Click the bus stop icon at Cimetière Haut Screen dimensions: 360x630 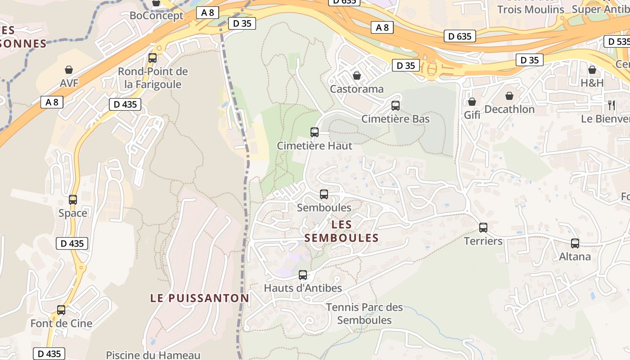(315, 132)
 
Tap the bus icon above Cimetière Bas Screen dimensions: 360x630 (396, 106)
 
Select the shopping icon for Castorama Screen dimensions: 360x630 (357, 75)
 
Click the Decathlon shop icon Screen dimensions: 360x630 (509, 96)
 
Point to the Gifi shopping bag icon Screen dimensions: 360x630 (472, 102)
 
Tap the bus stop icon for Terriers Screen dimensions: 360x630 (483, 228)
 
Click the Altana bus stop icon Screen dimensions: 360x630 (575, 243)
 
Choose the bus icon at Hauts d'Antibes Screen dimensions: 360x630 (303, 274)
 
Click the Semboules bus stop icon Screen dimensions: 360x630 (324, 194)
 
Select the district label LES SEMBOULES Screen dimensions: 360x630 (342, 231)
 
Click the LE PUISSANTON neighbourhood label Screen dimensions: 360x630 (199, 298)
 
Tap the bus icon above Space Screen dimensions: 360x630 (73, 200)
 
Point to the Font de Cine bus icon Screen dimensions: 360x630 (61, 310)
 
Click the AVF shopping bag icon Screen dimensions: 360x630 (69, 70)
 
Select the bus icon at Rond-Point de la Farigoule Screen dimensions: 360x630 (153, 58)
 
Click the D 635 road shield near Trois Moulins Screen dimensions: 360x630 (460, 36)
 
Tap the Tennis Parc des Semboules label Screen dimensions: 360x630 (364, 314)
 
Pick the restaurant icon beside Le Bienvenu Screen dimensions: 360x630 (612, 105)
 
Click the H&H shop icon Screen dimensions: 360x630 (592, 70)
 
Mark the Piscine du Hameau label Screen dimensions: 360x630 (153, 355)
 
